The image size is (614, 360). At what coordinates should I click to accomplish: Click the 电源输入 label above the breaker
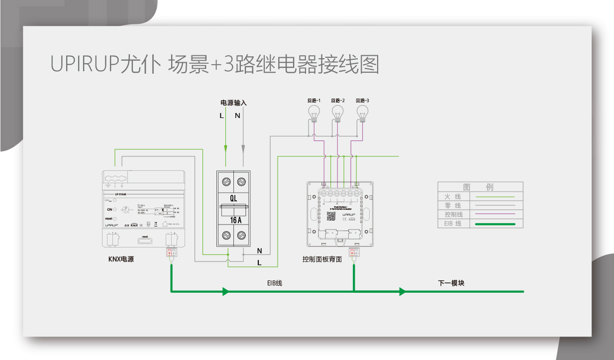[233, 103]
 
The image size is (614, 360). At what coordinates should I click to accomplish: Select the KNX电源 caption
[121, 259]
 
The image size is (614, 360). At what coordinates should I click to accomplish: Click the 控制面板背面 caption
[322, 259]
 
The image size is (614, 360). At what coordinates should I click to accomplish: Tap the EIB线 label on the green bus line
[274, 283]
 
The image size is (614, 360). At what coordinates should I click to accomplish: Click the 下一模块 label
[451, 283]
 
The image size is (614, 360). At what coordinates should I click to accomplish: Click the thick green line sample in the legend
[495, 224]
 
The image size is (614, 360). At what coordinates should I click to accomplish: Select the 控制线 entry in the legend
[453, 215]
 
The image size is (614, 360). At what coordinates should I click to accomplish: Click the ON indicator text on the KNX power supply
[109, 210]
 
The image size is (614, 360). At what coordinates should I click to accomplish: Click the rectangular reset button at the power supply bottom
[145, 241]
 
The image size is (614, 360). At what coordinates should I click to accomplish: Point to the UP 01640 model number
[120, 194]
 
